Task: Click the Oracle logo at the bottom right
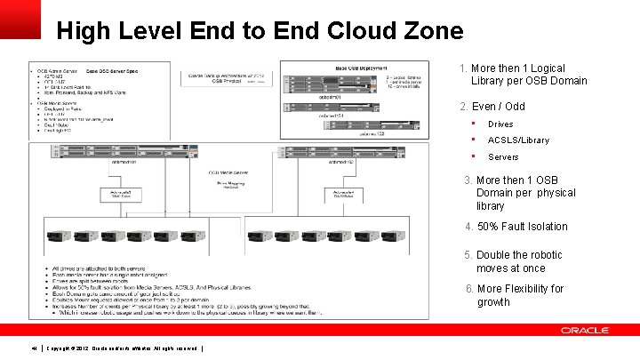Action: coord(584,331)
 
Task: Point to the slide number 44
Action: coord(34,347)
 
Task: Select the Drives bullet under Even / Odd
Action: coord(500,124)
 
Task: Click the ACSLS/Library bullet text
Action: coord(518,140)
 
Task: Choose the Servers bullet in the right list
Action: coord(503,157)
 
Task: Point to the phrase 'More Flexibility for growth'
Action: coord(520,295)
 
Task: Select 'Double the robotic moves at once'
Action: coord(520,261)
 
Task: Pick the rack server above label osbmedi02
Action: coord(342,149)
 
